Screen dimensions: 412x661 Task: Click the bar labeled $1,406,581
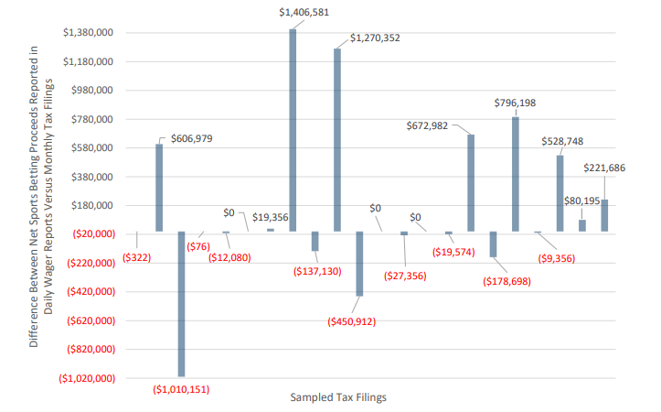(x=293, y=130)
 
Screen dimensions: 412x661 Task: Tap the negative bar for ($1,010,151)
(x=181, y=304)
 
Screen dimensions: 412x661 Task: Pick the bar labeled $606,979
(x=159, y=188)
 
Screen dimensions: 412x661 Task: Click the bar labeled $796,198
(x=516, y=174)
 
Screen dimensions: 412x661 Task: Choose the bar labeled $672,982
(x=471, y=183)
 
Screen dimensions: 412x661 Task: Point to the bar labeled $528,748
(x=560, y=193)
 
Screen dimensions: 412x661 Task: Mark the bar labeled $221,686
(x=604, y=215)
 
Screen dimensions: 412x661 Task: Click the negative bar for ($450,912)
(x=359, y=264)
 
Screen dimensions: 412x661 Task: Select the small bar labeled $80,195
(x=582, y=225)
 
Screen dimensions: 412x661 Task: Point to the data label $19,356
(x=271, y=217)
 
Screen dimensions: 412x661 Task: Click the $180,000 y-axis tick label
(x=88, y=206)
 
